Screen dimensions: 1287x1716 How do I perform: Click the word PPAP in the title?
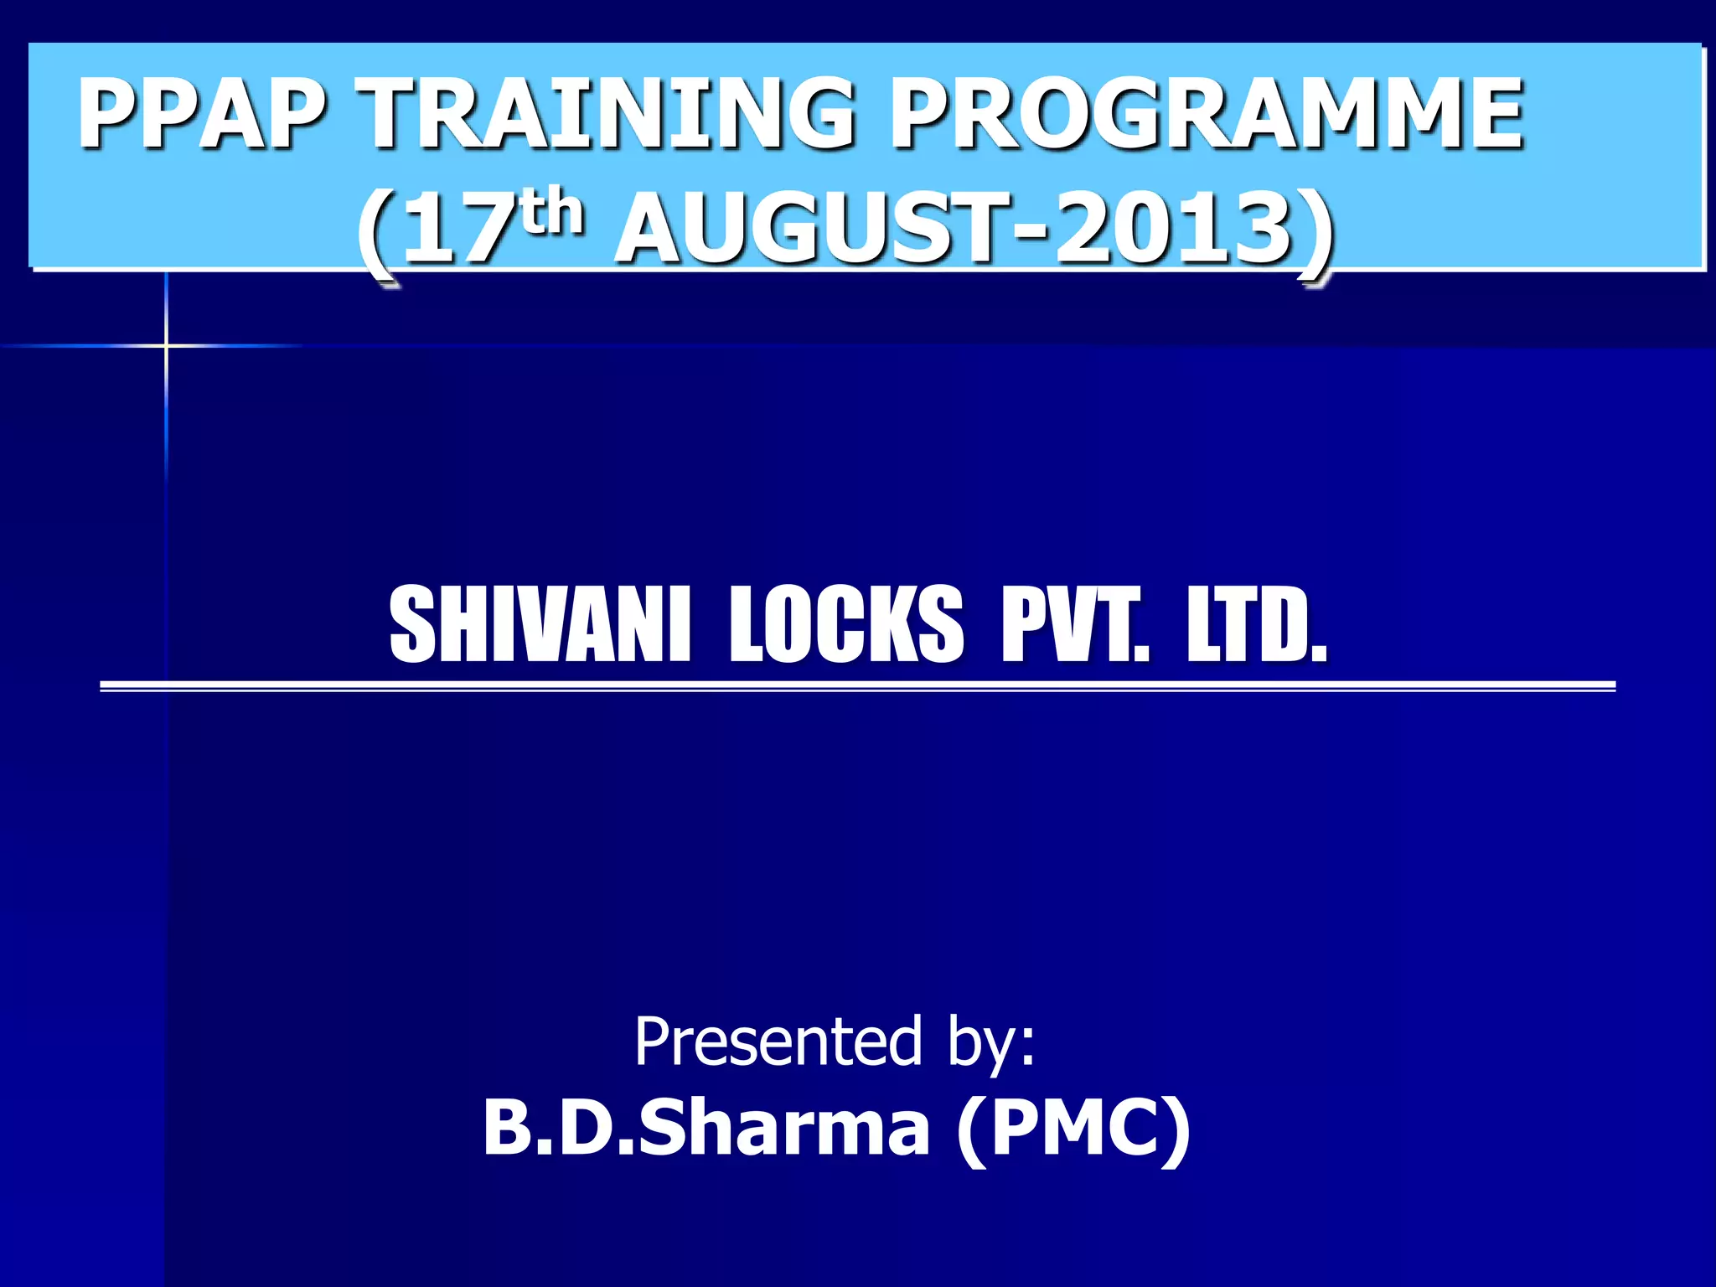pyautogui.click(x=201, y=112)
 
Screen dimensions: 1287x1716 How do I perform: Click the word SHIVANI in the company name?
pyautogui.click(x=540, y=624)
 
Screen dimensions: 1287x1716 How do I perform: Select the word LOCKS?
pyautogui.click(x=846, y=624)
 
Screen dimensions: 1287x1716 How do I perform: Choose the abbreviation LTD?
pyautogui.click(x=1257, y=624)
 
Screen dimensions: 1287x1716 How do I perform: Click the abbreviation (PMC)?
pyautogui.click(x=1072, y=1129)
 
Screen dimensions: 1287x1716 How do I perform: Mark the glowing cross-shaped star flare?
pyautogui.click(x=166, y=345)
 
